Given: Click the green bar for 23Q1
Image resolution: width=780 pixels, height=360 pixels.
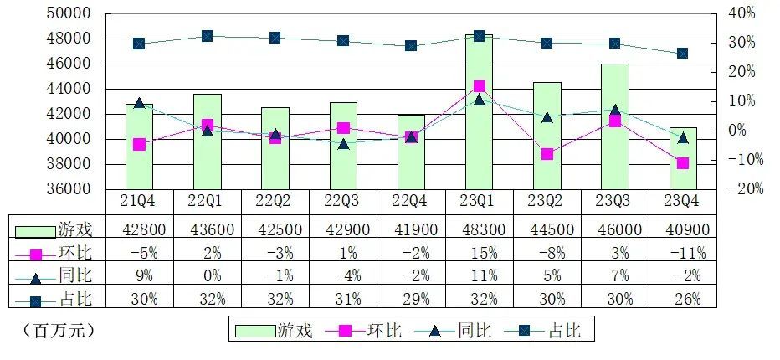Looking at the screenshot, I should (x=479, y=113).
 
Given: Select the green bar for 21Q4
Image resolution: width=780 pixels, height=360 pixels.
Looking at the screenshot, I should (x=139, y=147).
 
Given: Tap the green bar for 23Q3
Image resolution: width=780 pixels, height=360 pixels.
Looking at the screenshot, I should (x=615, y=126).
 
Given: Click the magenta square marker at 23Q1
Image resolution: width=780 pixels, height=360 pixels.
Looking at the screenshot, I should (x=479, y=86).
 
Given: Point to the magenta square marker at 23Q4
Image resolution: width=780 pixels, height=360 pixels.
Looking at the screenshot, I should (x=683, y=163).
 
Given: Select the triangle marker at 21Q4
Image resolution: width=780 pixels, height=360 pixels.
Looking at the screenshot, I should (x=139, y=103).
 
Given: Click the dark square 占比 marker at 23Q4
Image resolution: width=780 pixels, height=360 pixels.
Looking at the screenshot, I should (x=683, y=53).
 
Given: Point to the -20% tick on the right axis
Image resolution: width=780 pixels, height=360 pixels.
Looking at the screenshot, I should (x=742, y=189).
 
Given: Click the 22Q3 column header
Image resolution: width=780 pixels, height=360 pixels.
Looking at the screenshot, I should (x=343, y=202).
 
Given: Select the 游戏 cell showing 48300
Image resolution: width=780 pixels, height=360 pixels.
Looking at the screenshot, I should (x=479, y=229).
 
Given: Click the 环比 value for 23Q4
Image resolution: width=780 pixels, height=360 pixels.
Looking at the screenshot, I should (x=683, y=252).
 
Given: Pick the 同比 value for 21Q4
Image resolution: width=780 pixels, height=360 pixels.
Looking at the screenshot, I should (x=139, y=275).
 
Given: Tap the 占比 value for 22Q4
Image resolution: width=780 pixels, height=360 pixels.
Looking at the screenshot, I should (x=411, y=299).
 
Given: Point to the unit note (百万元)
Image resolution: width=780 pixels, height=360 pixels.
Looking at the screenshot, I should (x=54, y=330).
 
